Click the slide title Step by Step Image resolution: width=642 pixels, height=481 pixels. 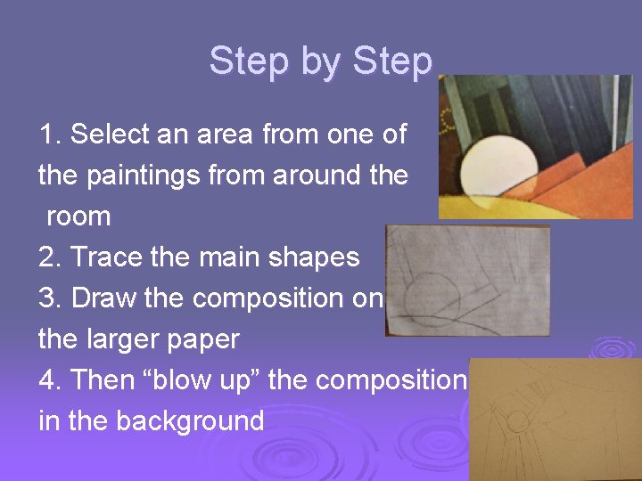tap(321, 61)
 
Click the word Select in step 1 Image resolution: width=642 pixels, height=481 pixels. tap(108, 135)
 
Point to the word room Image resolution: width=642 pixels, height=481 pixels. tap(78, 216)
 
